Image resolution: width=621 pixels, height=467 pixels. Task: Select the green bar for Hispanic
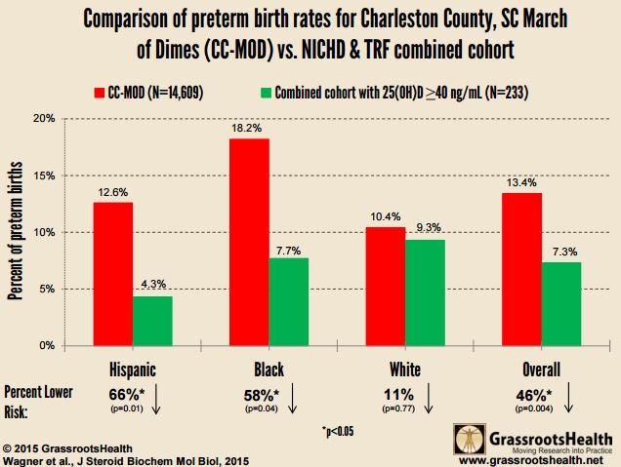click(152, 321)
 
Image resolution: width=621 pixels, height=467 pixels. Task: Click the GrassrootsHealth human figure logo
click(470, 442)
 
